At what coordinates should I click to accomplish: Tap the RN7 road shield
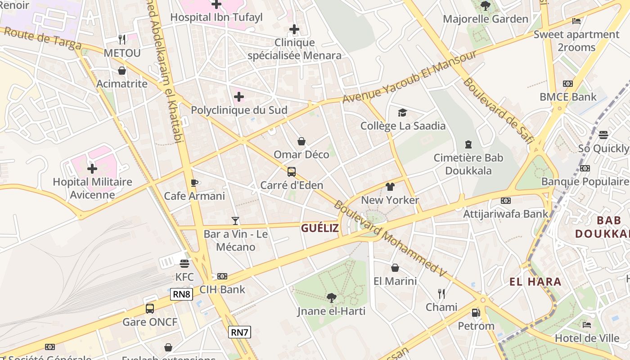click(239, 333)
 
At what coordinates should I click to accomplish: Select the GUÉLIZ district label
click(319, 228)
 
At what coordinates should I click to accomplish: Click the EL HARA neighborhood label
click(535, 282)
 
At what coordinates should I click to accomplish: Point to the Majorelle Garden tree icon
click(485, 6)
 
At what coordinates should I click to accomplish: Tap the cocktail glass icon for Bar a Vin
click(235, 220)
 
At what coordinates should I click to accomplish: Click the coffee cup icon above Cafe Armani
click(194, 183)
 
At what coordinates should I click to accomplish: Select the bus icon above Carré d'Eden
click(292, 171)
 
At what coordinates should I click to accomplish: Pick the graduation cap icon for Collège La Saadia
click(402, 112)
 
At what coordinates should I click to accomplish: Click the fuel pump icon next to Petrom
click(476, 312)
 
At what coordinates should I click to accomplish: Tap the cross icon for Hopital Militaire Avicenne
click(92, 169)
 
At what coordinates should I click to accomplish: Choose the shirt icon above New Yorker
click(390, 187)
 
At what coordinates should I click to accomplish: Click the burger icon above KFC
click(184, 264)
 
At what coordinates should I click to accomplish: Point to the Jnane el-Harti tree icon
click(331, 297)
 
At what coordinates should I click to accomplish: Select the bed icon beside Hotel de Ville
click(587, 325)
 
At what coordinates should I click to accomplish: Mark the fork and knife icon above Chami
click(441, 294)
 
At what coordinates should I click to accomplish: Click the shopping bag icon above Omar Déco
click(301, 141)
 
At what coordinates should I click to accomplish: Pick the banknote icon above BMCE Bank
click(568, 84)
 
